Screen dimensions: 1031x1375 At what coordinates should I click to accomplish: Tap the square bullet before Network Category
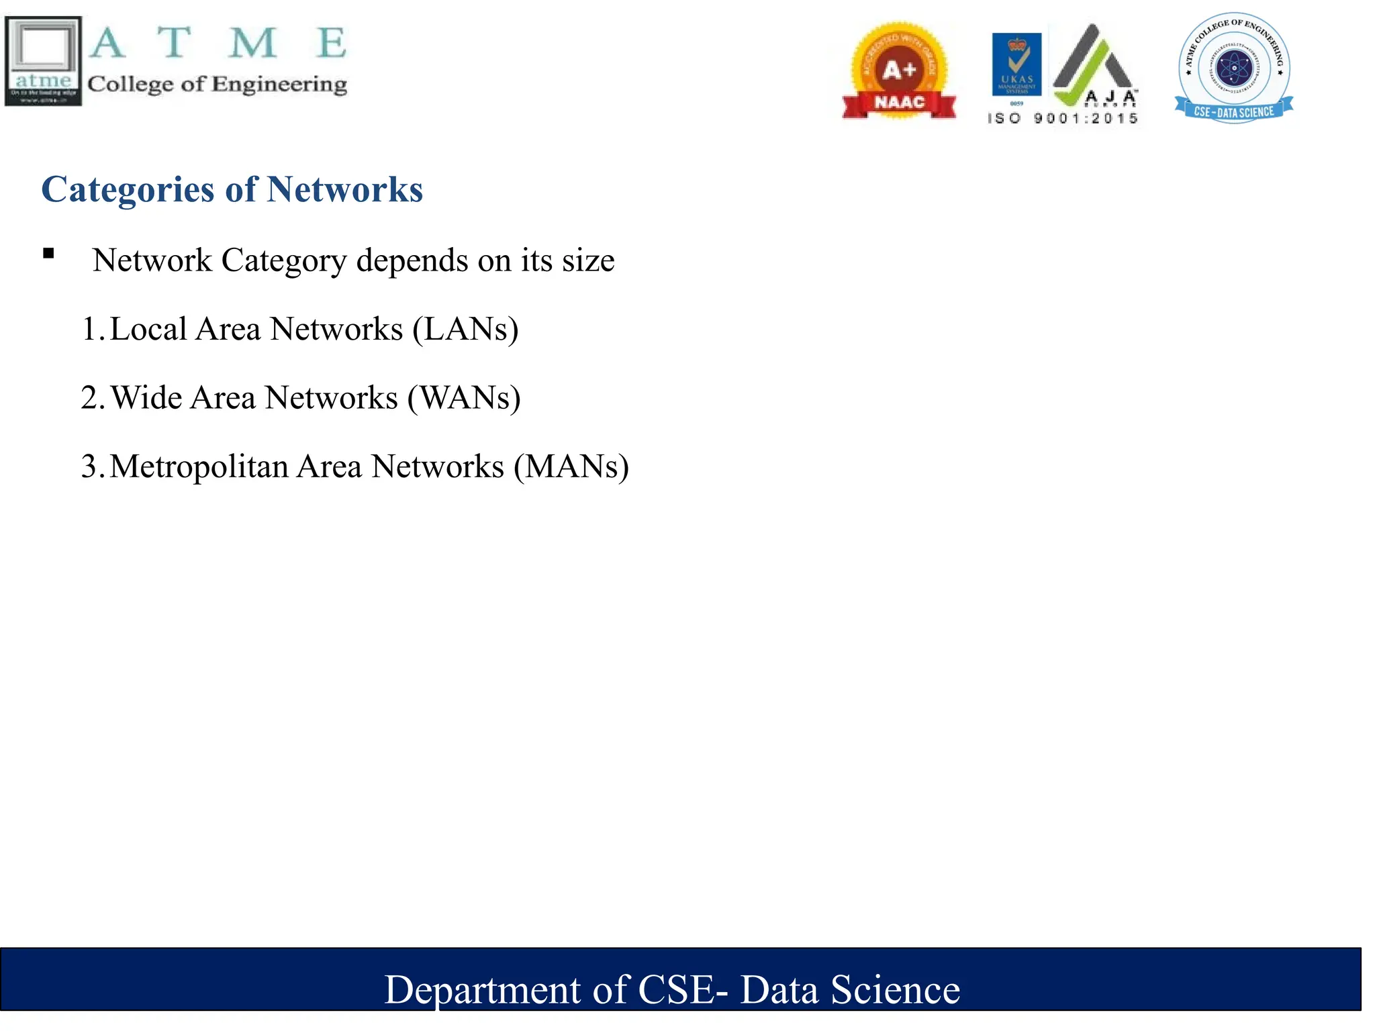[48, 254]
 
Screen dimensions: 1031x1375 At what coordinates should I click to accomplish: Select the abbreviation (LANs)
[465, 330]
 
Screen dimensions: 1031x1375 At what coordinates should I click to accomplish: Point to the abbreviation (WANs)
[464, 398]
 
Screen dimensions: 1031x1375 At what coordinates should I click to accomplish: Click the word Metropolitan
[199, 467]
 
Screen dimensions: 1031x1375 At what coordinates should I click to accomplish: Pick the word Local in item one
[148, 330]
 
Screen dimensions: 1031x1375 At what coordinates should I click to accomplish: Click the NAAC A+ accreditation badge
[899, 71]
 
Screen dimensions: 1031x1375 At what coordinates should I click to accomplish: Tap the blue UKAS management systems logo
[1016, 64]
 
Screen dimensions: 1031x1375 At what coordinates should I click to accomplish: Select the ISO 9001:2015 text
[1063, 119]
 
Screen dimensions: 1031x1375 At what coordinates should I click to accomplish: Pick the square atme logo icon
[43, 61]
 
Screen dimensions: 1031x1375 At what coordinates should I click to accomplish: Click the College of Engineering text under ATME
[217, 85]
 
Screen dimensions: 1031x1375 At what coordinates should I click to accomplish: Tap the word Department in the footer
[482, 990]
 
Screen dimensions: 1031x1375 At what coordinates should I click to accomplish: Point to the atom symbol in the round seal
[1233, 68]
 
